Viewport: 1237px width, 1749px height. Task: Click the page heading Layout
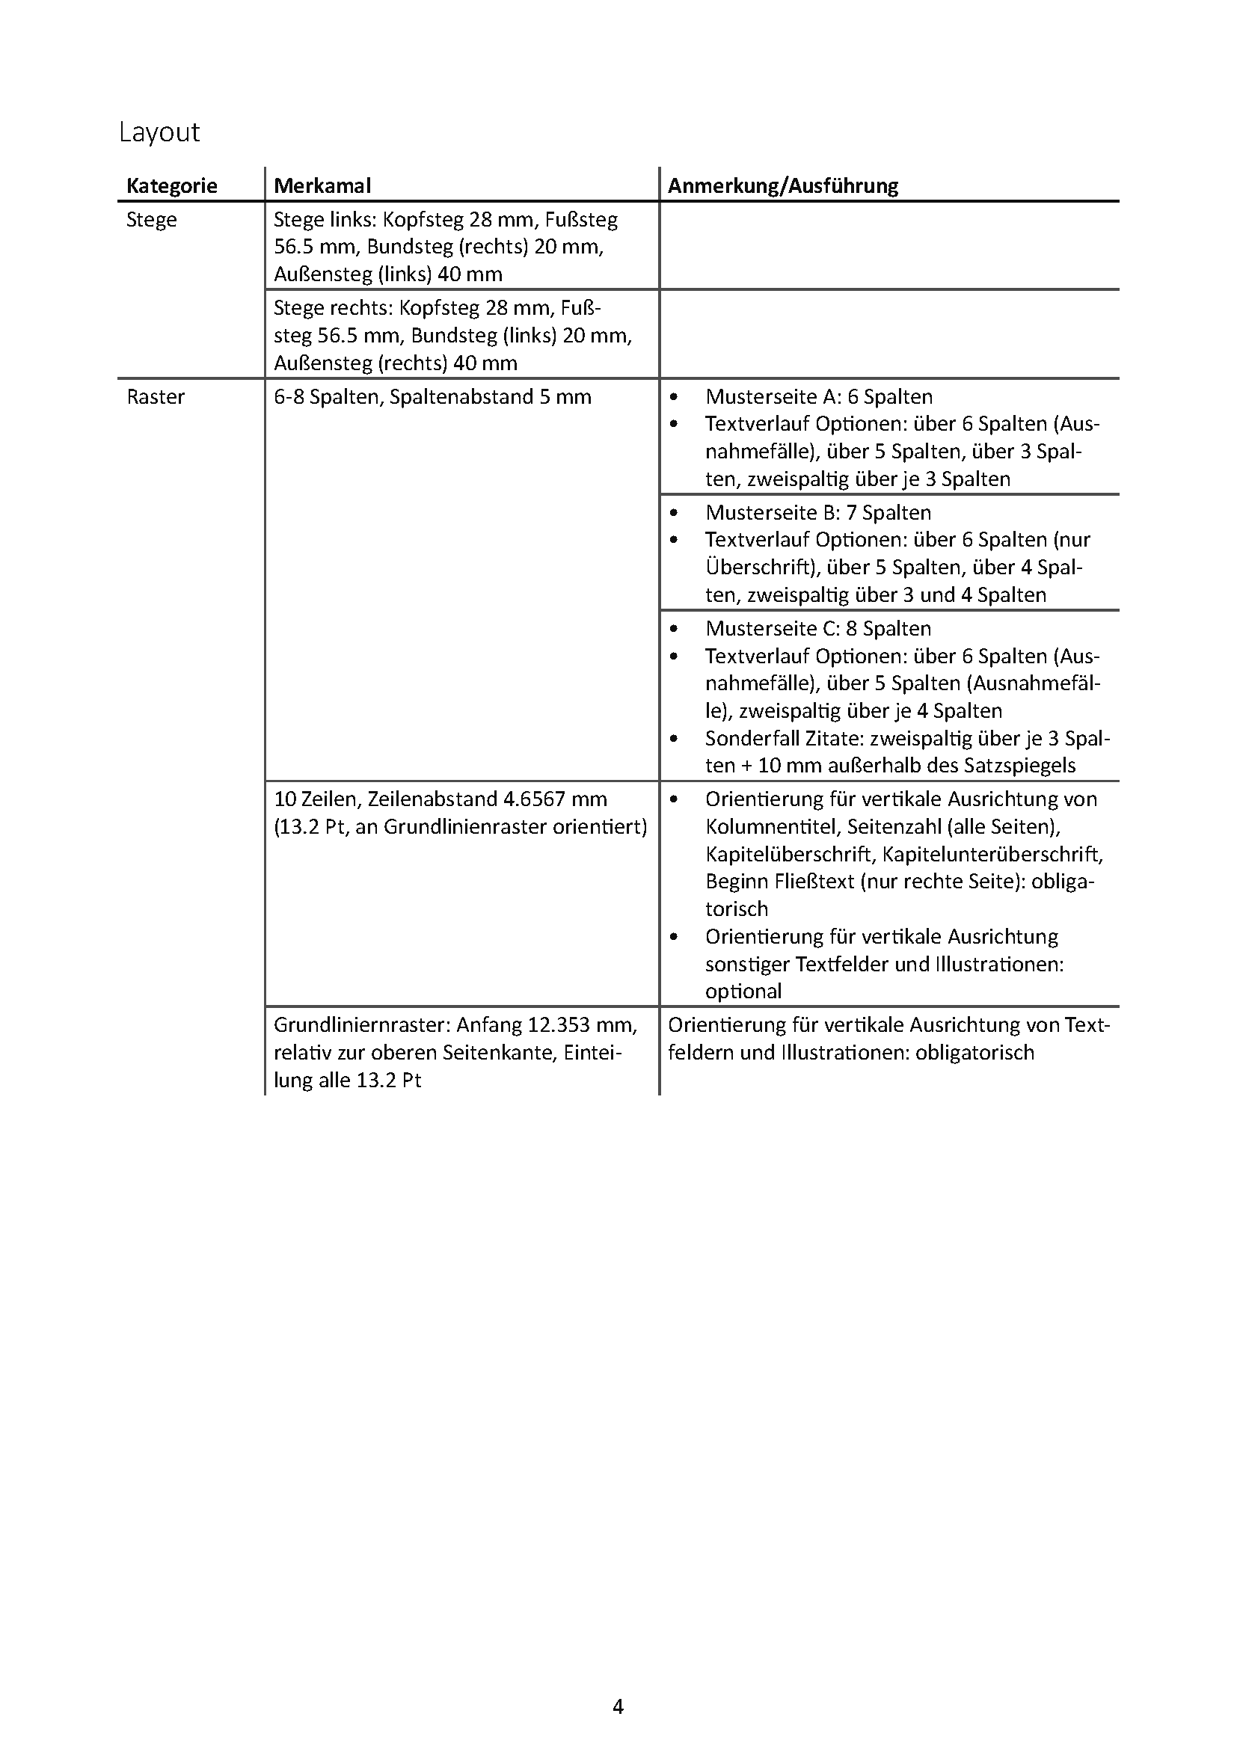(159, 132)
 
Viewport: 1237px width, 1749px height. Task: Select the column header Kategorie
(171, 186)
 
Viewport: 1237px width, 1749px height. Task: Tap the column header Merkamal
(322, 186)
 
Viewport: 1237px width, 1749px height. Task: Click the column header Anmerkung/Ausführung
(783, 186)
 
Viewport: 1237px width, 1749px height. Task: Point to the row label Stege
(152, 220)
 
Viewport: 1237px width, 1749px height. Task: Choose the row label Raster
(156, 397)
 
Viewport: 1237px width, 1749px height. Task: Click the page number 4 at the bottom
(618, 1706)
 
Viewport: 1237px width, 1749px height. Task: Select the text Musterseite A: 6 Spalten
(819, 397)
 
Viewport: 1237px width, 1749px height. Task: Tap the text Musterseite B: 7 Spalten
(818, 513)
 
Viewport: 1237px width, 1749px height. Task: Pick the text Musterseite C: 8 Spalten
(818, 628)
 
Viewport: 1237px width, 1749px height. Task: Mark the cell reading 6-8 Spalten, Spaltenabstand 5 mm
(432, 397)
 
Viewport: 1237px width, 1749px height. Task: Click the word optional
(743, 992)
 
